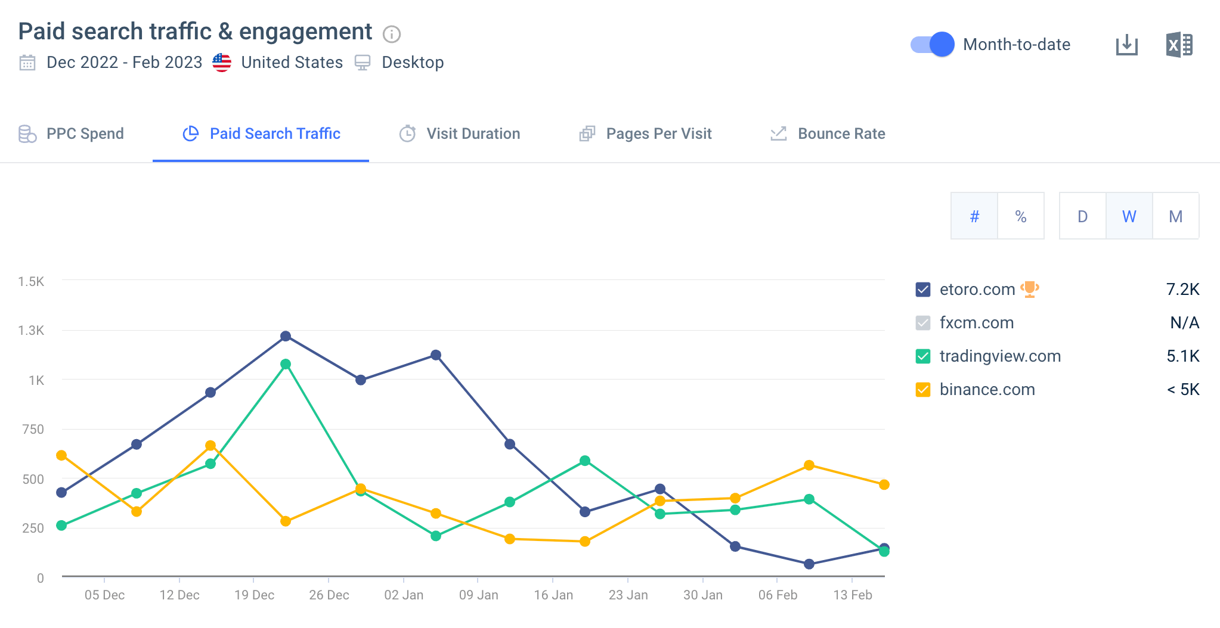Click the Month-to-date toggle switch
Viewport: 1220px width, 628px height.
tap(932, 45)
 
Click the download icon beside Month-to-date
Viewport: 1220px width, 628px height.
tap(1126, 45)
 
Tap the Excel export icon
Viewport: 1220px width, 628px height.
tap(1179, 45)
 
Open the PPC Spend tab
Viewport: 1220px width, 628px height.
tap(72, 134)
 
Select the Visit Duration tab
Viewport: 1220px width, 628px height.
tap(460, 134)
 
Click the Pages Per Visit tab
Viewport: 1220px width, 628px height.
tap(646, 134)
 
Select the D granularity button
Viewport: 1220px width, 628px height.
tap(1082, 216)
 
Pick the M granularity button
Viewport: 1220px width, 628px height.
tap(1175, 216)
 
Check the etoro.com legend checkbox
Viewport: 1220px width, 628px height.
tap(922, 290)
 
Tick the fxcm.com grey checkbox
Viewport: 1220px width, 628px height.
tap(922, 324)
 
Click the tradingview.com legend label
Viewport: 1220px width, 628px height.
tap(1000, 356)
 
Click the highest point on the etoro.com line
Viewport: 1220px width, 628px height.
tap(286, 336)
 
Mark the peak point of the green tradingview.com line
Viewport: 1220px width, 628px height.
tap(286, 364)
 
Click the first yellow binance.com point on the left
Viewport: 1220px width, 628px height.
tap(61, 455)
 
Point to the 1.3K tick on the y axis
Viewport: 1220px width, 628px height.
tap(31, 331)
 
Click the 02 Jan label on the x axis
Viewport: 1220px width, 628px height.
tap(404, 595)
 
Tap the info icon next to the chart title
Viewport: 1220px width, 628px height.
tap(391, 34)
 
